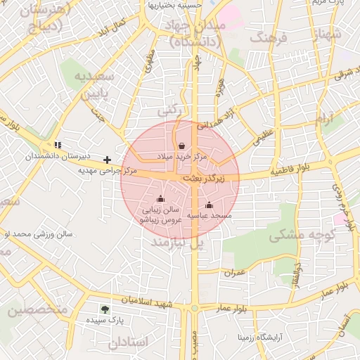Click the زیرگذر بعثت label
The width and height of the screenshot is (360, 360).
pyautogui.click(x=204, y=180)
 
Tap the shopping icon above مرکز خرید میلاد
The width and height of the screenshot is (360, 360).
pyautogui.click(x=182, y=146)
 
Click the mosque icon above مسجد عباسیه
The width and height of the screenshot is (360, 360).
pyautogui.click(x=209, y=205)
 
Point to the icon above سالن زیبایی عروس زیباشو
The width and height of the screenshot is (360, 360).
pyautogui.click(x=162, y=198)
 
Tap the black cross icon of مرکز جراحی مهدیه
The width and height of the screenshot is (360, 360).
pyautogui.click(x=107, y=160)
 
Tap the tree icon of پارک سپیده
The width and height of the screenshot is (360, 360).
pyautogui.click(x=105, y=309)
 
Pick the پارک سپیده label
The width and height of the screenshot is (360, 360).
pyautogui.click(x=105, y=320)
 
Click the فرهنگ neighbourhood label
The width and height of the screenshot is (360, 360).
pyautogui.click(x=259, y=37)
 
